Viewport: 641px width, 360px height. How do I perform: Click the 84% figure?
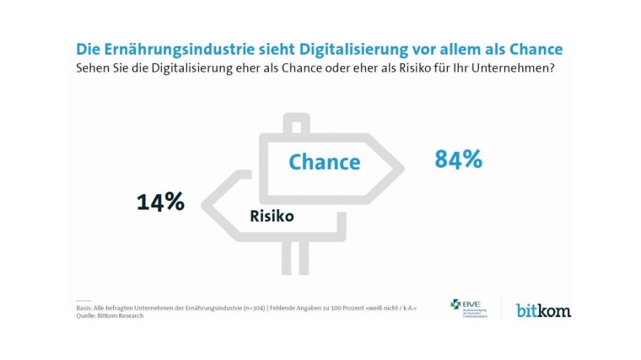pos(458,159)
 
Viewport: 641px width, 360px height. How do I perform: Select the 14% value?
pos(160,201)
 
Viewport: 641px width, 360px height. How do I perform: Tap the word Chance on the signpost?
pos(324,162)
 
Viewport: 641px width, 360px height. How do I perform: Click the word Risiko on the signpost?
pos(272,217)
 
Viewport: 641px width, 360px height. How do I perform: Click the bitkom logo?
pos(543,310)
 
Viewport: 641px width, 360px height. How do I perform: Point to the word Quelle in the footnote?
pos(88,316)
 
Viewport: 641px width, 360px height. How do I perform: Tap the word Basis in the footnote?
pos(86,309)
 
